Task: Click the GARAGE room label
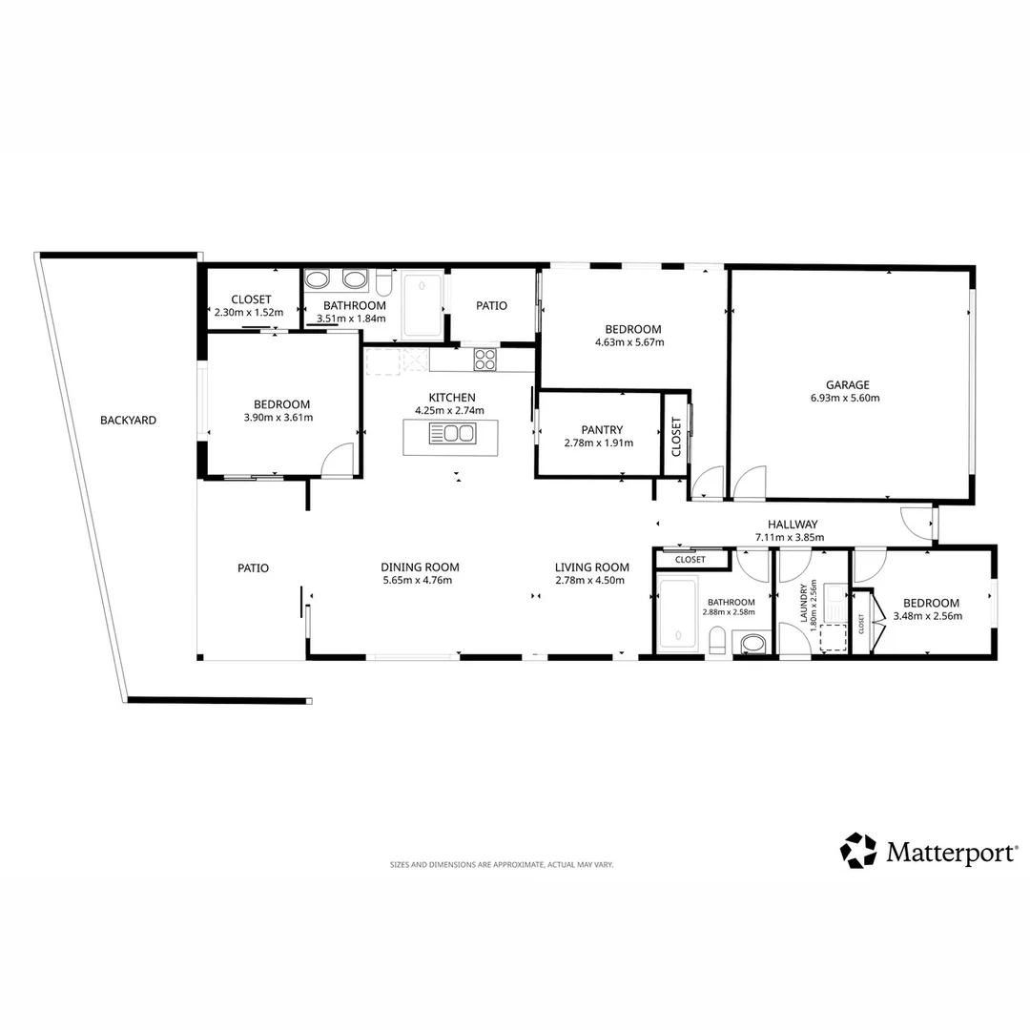(x=848, y=385)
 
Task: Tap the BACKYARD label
(x=128, y=421)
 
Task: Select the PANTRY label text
(x=602, y=430)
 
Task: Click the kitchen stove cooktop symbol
(x=484, y=360)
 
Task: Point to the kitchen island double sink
(x=452, y=434)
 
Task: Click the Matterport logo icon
(x=858, y=851)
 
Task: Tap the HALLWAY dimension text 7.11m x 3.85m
(x=790, y=537)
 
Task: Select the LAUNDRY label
(x=803, y=604)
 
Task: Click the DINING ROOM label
(x=420, y=567)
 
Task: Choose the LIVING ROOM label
(x=592, y=567)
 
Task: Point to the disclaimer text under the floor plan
(x=502, y=865)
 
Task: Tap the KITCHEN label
(x=452, y=398)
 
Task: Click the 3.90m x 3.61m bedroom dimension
(x=278, y=418)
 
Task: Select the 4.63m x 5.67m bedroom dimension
(x=629, y=342)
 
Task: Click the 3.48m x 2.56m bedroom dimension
(x=928, y=616)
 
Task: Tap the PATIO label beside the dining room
(x=253, y=568)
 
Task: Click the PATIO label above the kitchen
(x=491, y=306)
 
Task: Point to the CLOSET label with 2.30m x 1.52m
(x=251, y=299)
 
